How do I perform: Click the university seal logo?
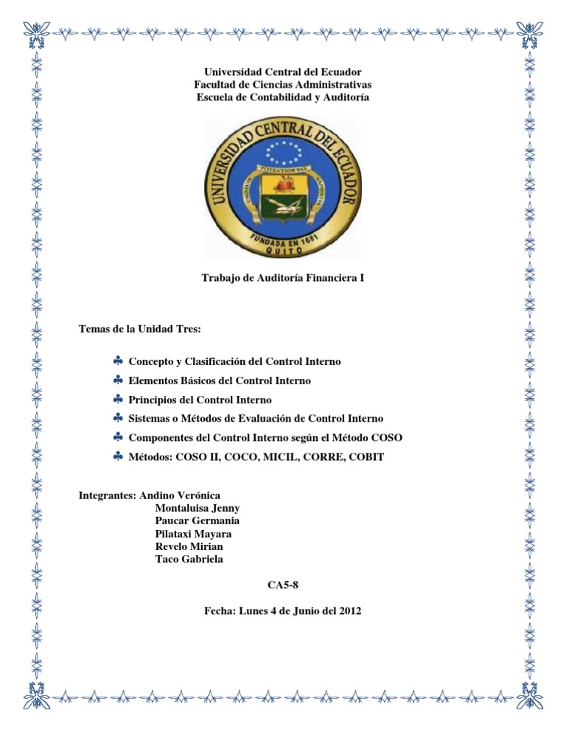click(x=284, y=187)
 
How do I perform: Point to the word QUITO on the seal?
click(x=284, y=251)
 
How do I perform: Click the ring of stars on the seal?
click(x=284, y=153)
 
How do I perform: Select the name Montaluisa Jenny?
click(x=198, y=508)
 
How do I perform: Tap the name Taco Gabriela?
click(x=189, y=559)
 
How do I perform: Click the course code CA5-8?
click(x=283, y=585)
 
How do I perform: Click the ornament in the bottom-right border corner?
click(x=532, y=692)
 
